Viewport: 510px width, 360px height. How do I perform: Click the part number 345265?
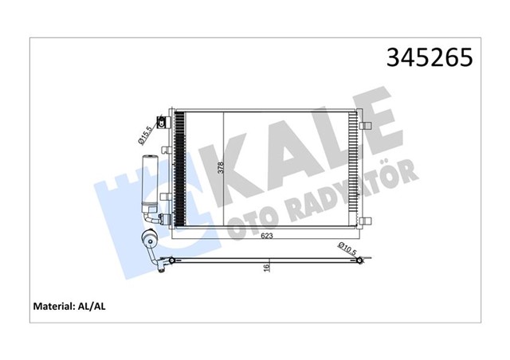pyautogui.click(x=430, y=58)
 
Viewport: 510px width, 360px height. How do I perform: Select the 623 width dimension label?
pyautogui.click(x=265, y=237)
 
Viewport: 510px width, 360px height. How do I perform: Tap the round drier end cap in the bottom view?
pyautogui.click(x=147, y=238)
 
